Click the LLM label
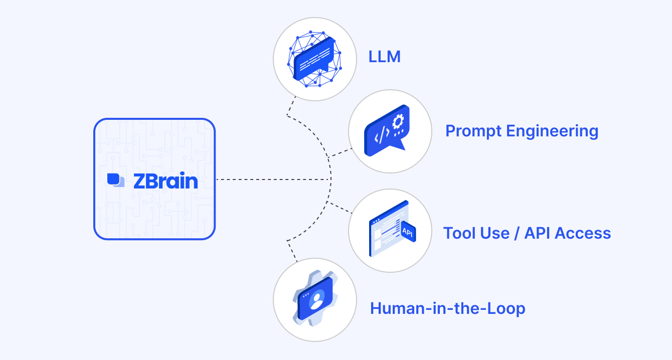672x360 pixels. coord(384,57)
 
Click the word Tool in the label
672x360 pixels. coord(458,233)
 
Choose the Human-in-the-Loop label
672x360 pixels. coord(447,308)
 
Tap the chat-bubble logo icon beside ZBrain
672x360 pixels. coord(116,180)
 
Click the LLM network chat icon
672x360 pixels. coord(314,57)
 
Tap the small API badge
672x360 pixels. coord(408,232)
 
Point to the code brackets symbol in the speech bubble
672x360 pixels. coord(382,134)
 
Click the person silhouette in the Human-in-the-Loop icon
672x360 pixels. coord(316,299)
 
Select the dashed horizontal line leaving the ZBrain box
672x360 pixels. coord(271,179)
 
